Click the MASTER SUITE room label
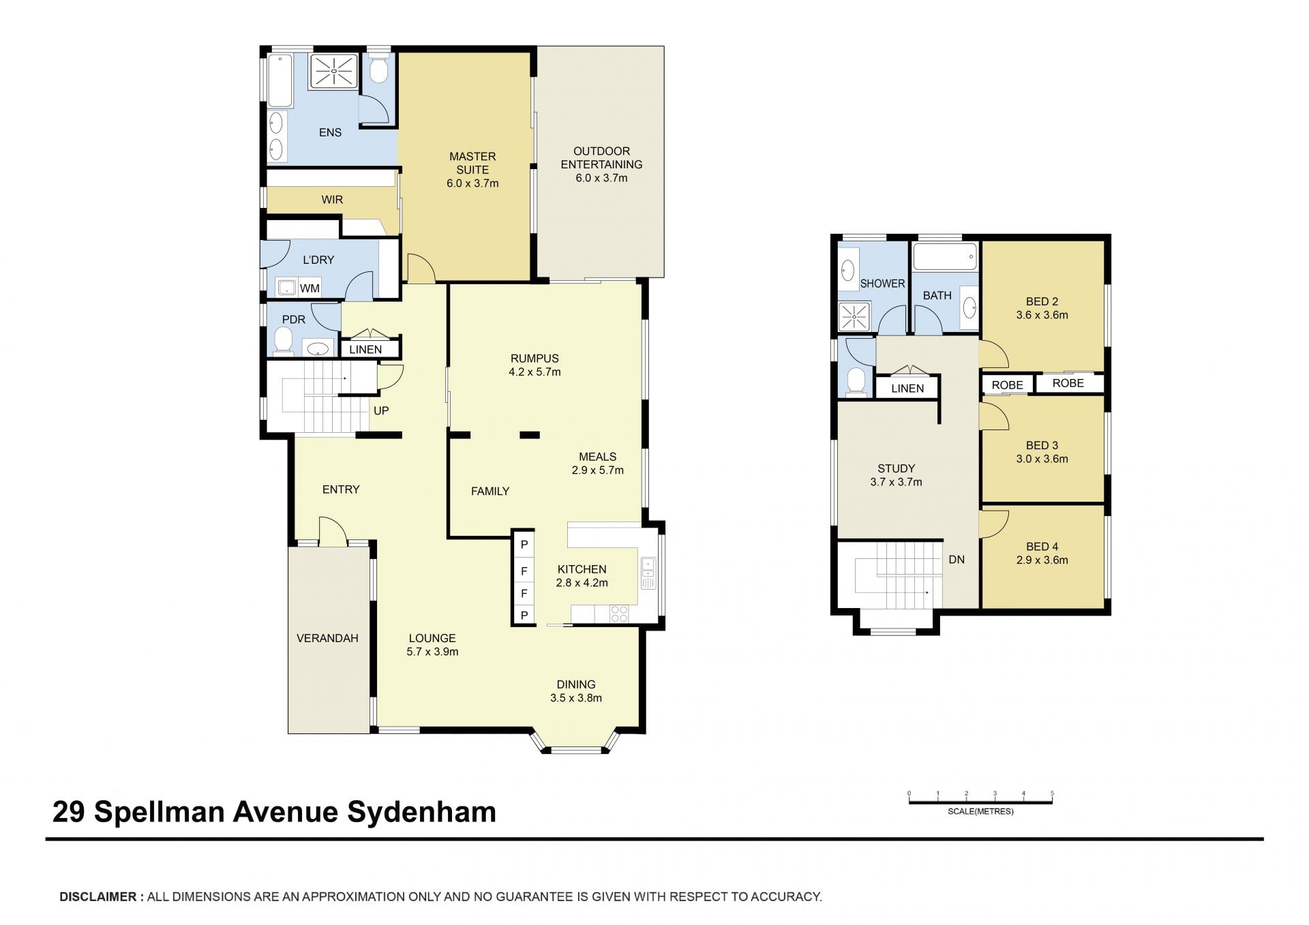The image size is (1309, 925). click(x=472, y=163)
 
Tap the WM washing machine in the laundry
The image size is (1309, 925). click(x=288, y=288)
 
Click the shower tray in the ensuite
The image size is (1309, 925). click(x=333, y=71)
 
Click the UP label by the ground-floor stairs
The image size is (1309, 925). click(x=381, y=410)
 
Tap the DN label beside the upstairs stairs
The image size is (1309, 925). click(x=957, y=559)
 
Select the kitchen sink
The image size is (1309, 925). click(x=648, y=573)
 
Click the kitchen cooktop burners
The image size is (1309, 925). click(x=619, y=613)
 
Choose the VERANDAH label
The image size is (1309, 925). click(x=327, y=638)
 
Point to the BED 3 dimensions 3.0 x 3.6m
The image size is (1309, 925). click(x=1042, y=459)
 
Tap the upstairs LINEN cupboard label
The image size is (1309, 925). click(x=907, y=388)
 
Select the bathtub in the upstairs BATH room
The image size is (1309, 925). click(x=945, y=258)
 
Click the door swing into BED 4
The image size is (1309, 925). click(x=994, y=524)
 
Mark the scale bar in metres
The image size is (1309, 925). click(x=980, y=802)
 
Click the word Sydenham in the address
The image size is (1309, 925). click(x=421, y=812)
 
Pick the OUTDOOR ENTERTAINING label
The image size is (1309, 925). click(x=601, y=157)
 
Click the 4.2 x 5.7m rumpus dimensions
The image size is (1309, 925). click(x=535, y=371)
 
